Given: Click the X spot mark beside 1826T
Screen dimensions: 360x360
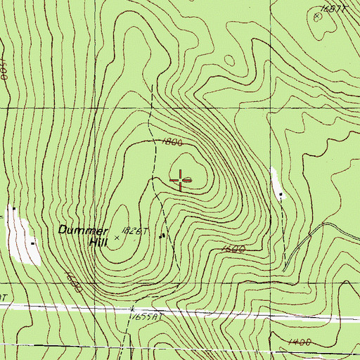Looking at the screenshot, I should pos(117,238).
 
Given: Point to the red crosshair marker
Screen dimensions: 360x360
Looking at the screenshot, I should pos(182,180).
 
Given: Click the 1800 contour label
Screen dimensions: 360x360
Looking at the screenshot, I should pos(172,141).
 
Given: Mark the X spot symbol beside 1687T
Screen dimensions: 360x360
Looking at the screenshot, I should pos(316,15).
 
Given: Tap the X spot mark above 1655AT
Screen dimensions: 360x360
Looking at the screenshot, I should pos(132,308).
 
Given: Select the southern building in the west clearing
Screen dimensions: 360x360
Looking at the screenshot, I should pos(32,243).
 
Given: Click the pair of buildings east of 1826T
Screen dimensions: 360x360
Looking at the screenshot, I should pos(163,236).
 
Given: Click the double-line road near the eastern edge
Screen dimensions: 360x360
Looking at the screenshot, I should pos(309,243).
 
